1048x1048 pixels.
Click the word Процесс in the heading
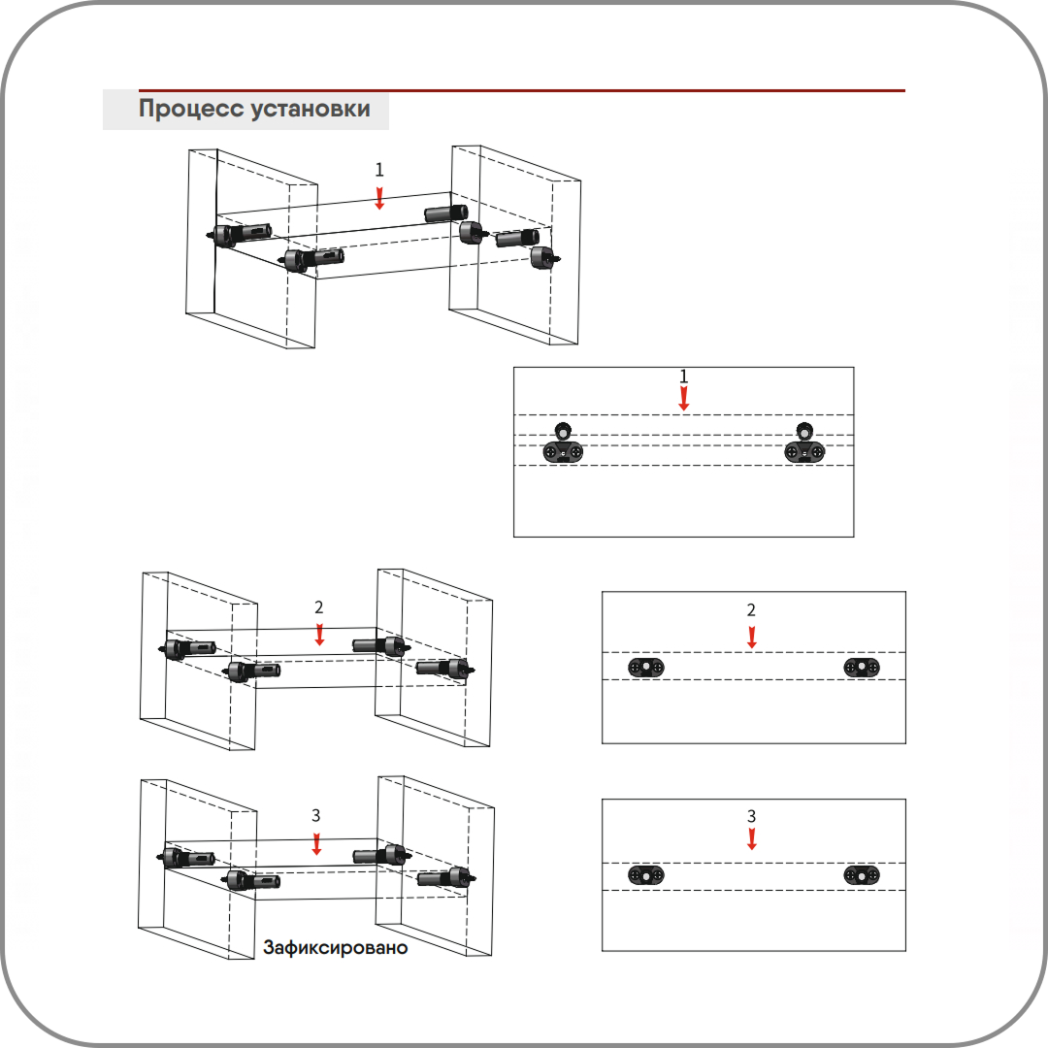tap(190, 109)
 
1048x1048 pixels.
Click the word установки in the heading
tap(310, 109)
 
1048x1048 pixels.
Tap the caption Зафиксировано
tap(335, 948)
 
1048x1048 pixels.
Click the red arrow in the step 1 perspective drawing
tap(379, 198)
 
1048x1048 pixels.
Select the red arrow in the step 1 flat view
tap(684, 398)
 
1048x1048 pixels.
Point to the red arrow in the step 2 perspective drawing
tap(319, 636)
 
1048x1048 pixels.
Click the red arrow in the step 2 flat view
tap(751, 638)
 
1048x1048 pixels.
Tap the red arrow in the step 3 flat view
tap(752, 838)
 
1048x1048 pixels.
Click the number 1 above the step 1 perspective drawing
tap(379, 170)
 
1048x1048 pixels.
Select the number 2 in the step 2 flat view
tap(751, 610)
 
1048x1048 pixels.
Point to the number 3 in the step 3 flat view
tap(752, 816)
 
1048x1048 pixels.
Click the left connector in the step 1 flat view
tap(563, 445)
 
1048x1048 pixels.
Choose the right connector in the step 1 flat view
tap(804, 445)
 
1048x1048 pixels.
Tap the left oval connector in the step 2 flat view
tap(646, 668)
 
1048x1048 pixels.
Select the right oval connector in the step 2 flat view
tap(862, 668)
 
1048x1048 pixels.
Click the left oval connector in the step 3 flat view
tap(646, 875)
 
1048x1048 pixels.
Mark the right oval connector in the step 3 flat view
tap(862, 875)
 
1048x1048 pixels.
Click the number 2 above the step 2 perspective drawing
tap(319, 608)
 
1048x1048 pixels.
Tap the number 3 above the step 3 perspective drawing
tap(316, 815)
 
